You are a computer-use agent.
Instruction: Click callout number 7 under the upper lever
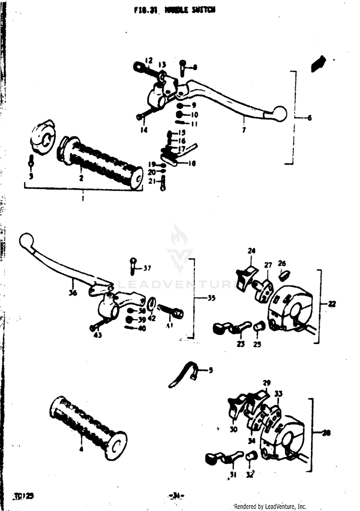tap(244, 130)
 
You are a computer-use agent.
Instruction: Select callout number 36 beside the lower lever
tap(72, 293)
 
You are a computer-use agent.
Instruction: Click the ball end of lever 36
tap(26, 239)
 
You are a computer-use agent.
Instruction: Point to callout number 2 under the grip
tap(81, 178)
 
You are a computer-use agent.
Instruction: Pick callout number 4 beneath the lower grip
tap(81, 450)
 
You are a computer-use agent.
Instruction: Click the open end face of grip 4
tap(117, 444)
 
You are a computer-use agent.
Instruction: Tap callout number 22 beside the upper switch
tap(332, 304)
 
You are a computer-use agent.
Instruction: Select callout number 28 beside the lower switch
tap(326, 433)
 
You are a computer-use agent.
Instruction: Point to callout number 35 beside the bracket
tap(211, 298)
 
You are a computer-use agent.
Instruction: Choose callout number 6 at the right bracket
tap(308, 118)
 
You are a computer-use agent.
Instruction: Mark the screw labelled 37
tap(133, 265)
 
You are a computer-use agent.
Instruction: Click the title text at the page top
tap(175, 11)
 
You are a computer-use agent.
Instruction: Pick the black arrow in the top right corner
tap(318, 63)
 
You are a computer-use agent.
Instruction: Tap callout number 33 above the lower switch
tap(278, 394)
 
